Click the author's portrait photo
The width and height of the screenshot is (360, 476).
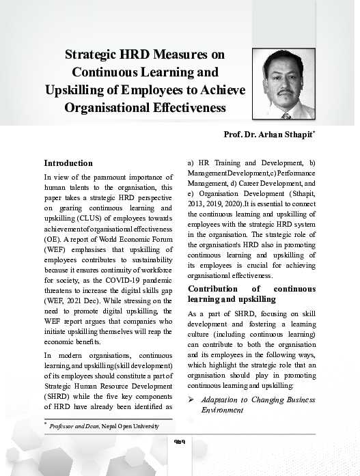(283, 84)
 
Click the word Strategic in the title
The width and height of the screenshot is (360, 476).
(96, 55)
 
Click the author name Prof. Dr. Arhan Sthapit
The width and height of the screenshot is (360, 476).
(268, 134)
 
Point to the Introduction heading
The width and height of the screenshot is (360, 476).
(68, 163)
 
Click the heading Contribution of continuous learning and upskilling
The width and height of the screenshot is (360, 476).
(251, 294)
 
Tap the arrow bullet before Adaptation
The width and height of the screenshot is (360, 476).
(192, 399)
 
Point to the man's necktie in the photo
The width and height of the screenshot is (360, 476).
(286, 115)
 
